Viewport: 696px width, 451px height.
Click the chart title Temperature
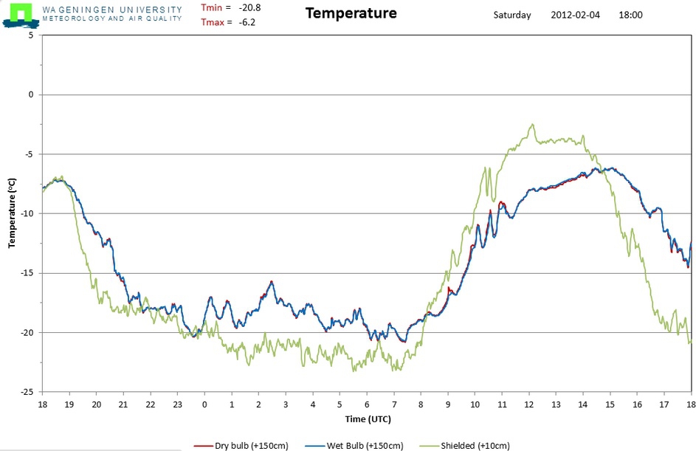(x=351, y=13)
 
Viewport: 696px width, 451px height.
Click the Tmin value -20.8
(x=249, y=7)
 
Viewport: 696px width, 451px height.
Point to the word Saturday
(x=512, y=15)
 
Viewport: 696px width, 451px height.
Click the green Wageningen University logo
(x=18, y=14)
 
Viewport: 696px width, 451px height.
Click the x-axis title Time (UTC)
(x=368, y=419)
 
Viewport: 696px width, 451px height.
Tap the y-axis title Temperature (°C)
(x=12, y=213)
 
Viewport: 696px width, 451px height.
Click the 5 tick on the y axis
(x=31, y=35)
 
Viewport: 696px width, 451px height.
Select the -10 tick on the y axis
(x=27, y=214)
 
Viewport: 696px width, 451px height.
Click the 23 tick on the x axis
(x=177, y=404)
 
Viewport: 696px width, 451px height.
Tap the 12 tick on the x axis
(x=528, y=404)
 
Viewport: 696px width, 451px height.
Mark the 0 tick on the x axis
(x=204, y=404)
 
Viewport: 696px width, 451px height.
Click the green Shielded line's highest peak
(x=532, y=125)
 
